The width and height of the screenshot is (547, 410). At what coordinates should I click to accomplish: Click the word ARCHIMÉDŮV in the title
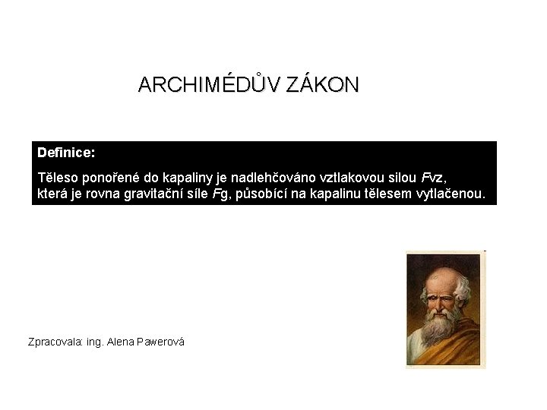point(210,84)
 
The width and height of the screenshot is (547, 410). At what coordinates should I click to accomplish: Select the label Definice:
point(66,153)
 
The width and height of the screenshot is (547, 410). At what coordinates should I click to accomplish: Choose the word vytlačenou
point(451,194)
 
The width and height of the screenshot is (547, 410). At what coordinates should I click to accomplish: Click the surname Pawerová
point(162,342)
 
